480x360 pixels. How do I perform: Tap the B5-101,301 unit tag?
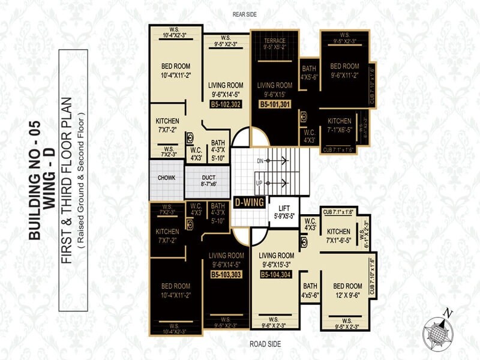[275, 104]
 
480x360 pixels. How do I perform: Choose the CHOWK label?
[166, 178]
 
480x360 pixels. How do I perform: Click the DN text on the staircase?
[260, 161]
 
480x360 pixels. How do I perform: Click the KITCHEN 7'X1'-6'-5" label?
[338, 235]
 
